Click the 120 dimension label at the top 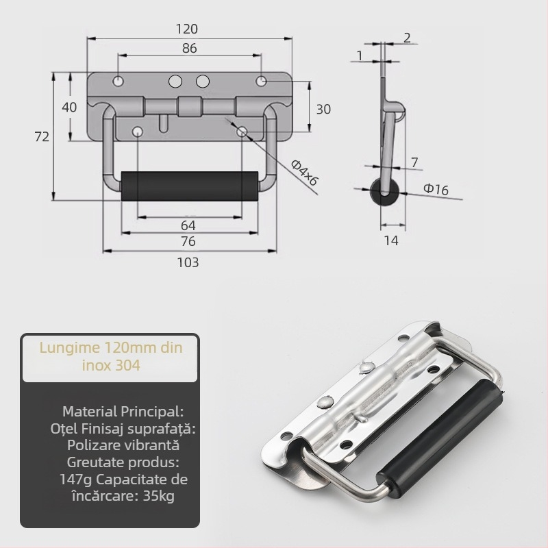coord(186,29)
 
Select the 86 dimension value coord(190,48)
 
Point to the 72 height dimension coord(42,136)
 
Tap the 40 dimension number coord(69,108)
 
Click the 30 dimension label coord(323,110)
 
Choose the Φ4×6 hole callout coord(304,173)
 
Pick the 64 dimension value coord(188,225)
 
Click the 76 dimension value coord(188,242)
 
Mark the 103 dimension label coord(188,262)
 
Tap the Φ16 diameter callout coord(436,189)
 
